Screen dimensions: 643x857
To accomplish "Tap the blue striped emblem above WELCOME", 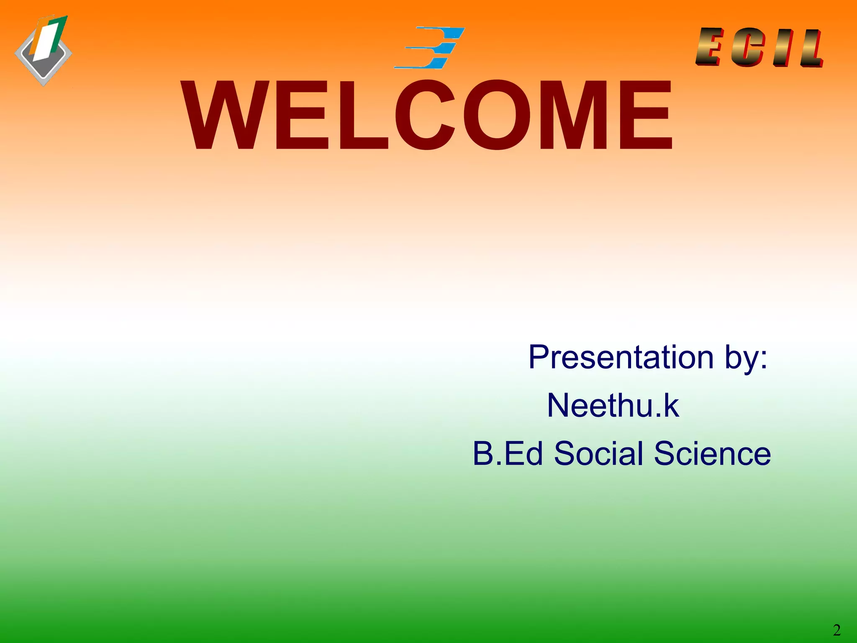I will click(x=431, y=47).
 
